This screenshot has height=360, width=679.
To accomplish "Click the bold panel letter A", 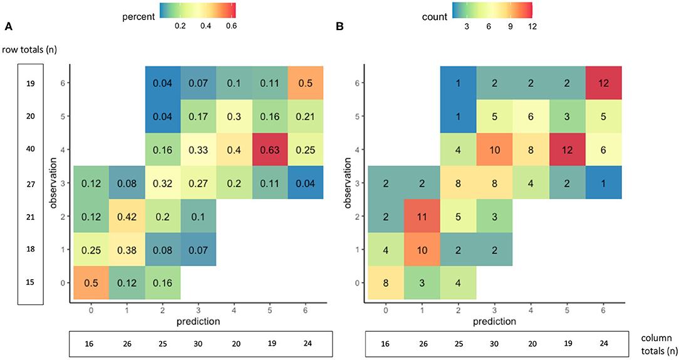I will click(x=8, y=27).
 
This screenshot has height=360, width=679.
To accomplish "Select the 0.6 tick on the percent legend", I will click(x=231, y=28).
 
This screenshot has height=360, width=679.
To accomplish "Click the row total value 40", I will click(x=31, y=150).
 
